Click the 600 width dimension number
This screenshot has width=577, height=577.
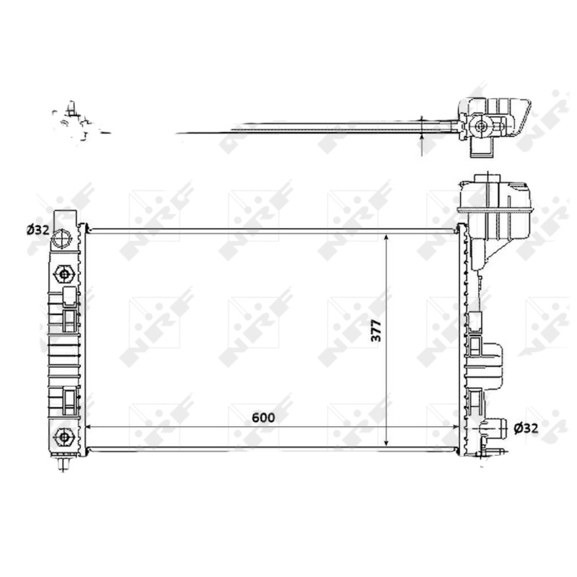(x=263, y=418)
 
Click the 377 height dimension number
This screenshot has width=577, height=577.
(x=376, y=331)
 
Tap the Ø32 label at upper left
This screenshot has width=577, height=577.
(x=38, y=230)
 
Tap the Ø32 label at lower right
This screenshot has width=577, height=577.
(x=527, y=428)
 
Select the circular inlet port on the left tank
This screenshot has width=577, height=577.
(x=61, y=239)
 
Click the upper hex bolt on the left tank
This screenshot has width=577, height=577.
(x=64, y=274)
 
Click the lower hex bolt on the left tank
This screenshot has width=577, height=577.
(x=64, y=437)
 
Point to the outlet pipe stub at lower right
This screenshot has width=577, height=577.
(x=494, y=428)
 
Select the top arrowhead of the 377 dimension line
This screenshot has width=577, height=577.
(x=386, y=238)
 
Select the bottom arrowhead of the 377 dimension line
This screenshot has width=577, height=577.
(x=386, y=441)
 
